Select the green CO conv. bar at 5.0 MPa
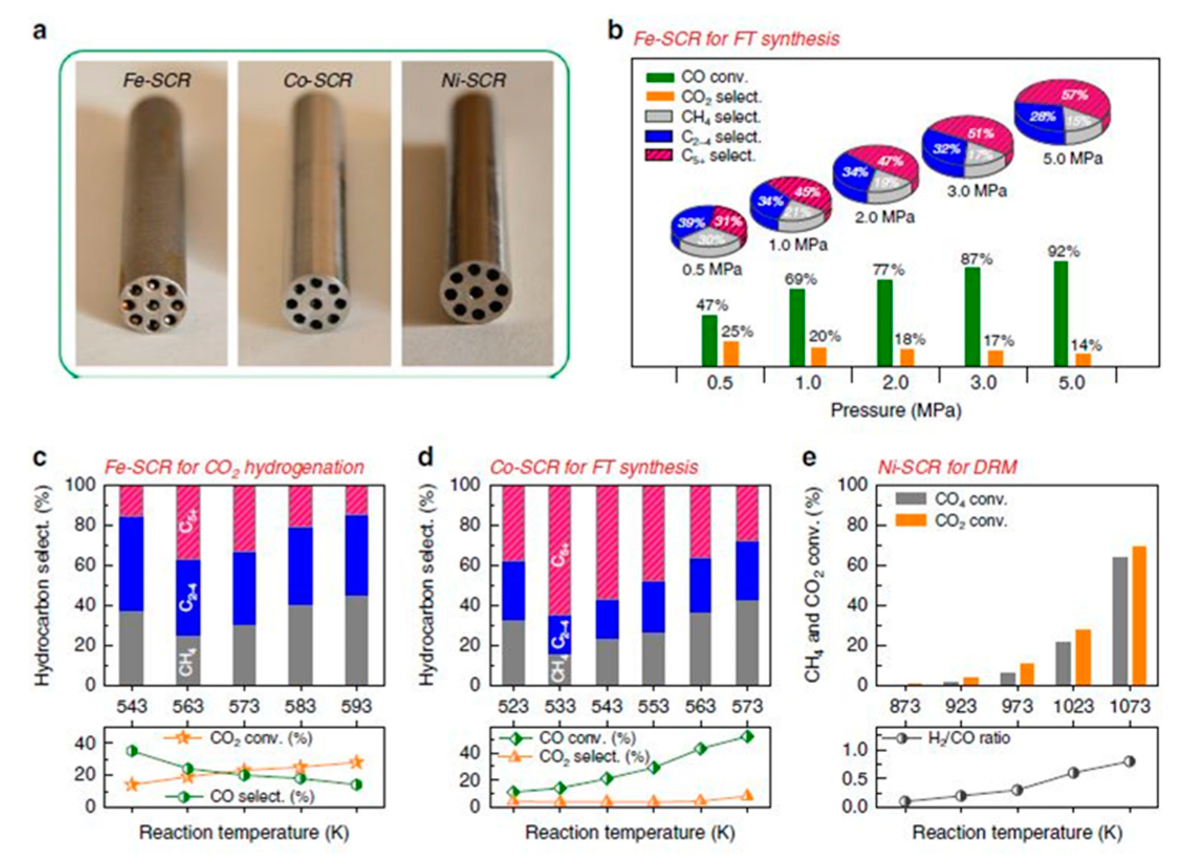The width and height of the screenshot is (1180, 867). [1060, 314]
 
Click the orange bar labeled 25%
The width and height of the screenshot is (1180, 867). [730, 354]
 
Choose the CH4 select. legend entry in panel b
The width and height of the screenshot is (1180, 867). [720, 117]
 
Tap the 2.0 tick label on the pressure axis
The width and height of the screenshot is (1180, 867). [895, 383]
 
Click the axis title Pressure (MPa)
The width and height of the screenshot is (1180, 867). [895, 411]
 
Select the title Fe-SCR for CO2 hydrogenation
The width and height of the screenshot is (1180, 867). [234, 468]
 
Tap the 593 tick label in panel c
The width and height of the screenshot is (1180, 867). [356, 706]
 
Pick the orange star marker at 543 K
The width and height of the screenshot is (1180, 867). [131, 784]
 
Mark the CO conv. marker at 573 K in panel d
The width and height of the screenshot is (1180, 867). [747, 736]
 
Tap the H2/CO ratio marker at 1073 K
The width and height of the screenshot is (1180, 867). [1129, 761]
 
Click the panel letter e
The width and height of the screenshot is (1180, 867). [809, 457]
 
